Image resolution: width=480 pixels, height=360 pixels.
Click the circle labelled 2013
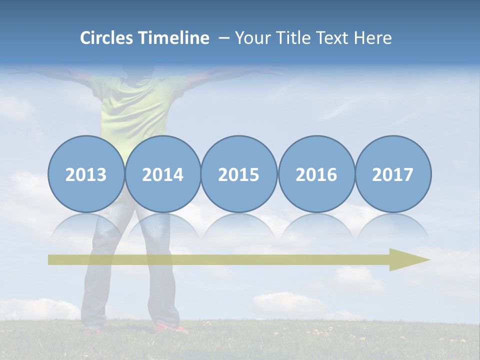pos(86,174)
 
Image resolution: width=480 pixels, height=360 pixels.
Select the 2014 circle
pos(163,174)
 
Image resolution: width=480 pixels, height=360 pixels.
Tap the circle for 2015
pos(239,174)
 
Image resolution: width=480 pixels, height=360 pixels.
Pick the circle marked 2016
pos(316,174)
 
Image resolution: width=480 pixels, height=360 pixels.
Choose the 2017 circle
pos(393,174)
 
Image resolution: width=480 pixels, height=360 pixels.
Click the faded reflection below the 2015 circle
pos(239,226)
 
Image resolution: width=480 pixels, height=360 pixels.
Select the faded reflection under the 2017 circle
pos(393,226)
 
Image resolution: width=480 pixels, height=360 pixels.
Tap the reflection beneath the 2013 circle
pos(86,226)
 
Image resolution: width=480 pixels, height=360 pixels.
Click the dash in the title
pos(224,38)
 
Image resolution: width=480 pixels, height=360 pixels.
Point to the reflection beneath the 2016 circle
pos(316,226)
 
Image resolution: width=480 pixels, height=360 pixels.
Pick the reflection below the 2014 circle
pos(163,226)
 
